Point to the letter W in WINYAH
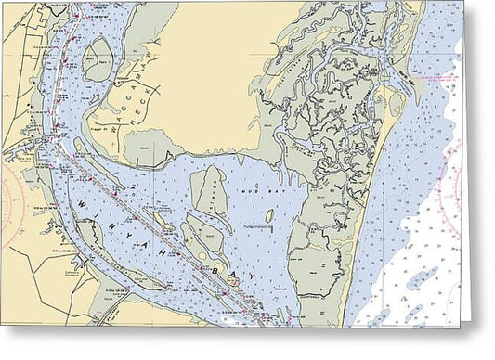click(84, 205)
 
